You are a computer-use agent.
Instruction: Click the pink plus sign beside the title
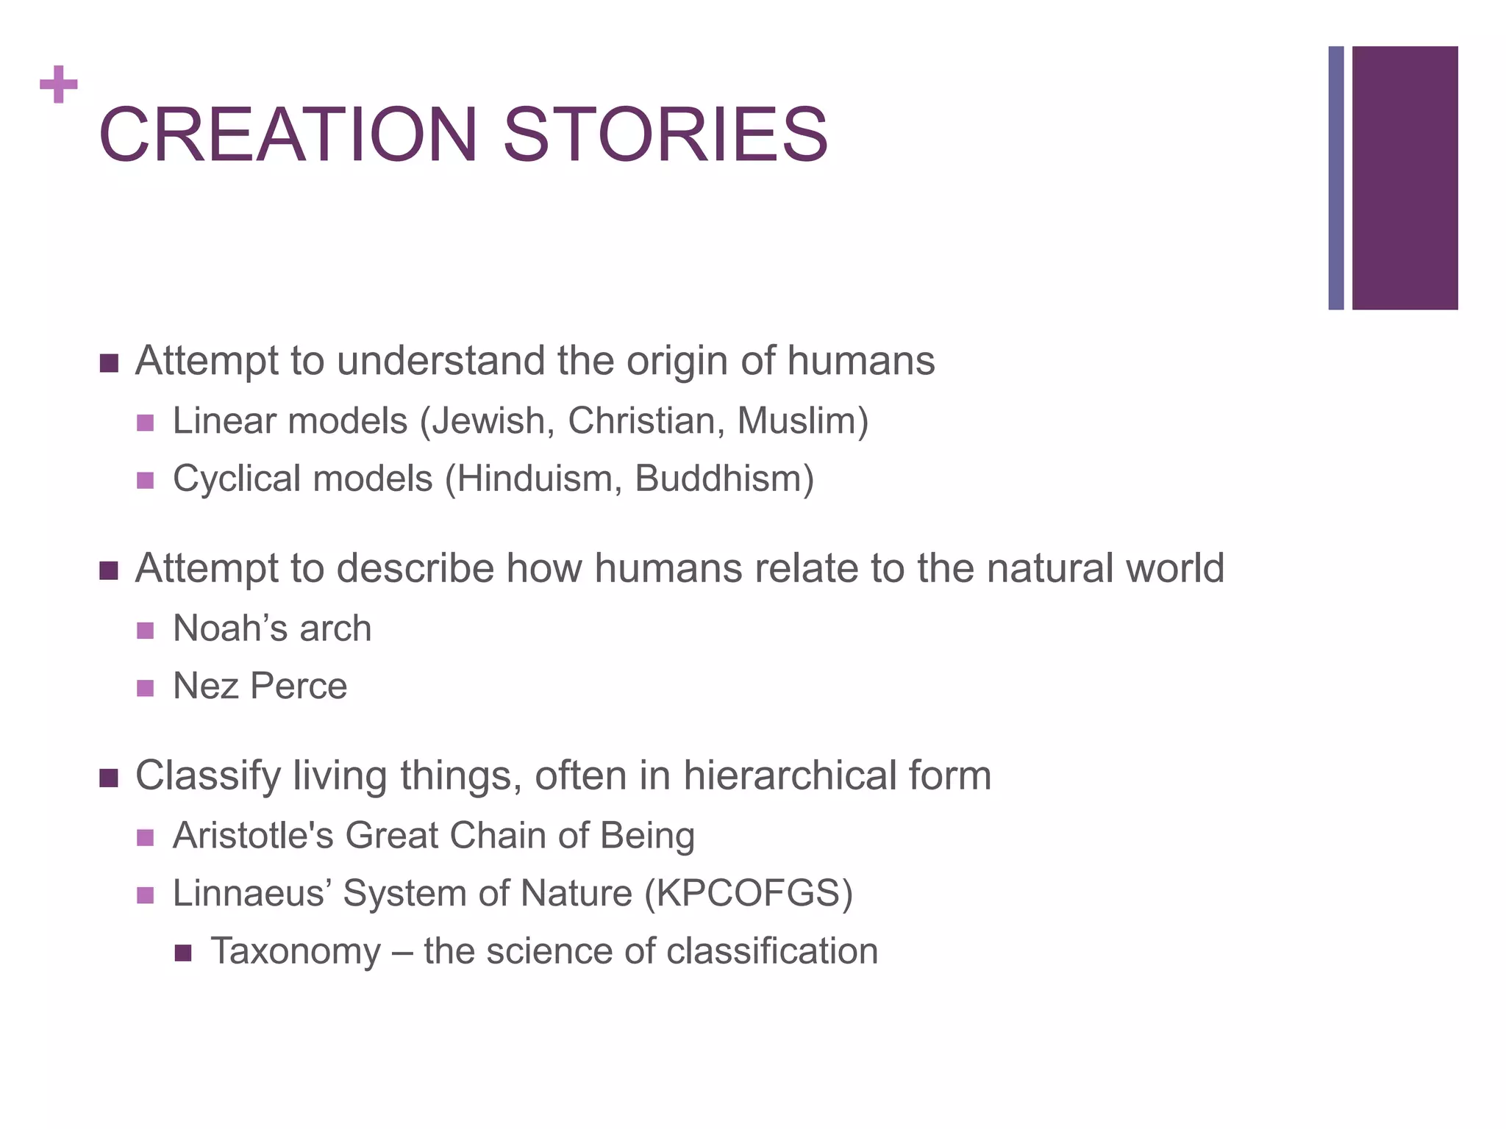(59, 85)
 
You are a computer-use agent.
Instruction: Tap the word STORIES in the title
(665, 135)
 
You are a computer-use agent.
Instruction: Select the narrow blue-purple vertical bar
(1335, 178)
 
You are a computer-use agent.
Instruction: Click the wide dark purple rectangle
(1405, 178)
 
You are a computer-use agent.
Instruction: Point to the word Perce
(299, 687)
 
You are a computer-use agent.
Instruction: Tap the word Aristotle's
(253, 836)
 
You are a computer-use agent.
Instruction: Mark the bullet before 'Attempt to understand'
(109, 363)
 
